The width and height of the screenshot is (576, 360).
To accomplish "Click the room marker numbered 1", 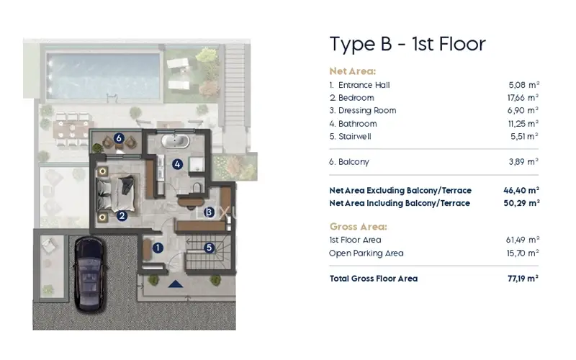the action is tap(158, 248).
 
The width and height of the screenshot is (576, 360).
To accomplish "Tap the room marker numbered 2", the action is tap(122, 215).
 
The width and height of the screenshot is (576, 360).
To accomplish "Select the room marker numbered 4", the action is tap(177, 164).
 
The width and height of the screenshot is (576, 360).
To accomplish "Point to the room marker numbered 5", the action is tap(210, 248).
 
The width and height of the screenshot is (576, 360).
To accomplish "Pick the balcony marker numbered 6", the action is tap(118, 138).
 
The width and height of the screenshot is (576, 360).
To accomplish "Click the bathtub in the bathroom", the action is tap(176, 140).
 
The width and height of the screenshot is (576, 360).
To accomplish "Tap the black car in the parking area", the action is tap(90, 274).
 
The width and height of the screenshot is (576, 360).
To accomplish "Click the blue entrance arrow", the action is tap(175, 284).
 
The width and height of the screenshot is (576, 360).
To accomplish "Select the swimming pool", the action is tap(103, 76).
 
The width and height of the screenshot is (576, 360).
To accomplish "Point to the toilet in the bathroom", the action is tap(197, 187).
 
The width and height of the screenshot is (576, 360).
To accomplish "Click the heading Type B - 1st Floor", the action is tap(408, 45).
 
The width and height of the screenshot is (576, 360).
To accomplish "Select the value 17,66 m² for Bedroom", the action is tap(523, 98).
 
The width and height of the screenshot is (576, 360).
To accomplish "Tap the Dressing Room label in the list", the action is tap(367, 111).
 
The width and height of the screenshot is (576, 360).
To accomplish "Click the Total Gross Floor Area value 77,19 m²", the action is tap(523, 279).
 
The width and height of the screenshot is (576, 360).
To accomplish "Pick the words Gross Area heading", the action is tap(358, 227).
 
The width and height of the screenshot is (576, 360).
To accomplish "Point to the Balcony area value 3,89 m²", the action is tap(523, 161).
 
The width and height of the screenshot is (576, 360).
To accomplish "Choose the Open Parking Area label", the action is tap(366, 253).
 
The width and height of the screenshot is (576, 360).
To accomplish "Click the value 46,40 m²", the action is tap(521, 190).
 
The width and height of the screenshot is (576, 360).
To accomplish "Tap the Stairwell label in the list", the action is tap(355, 137).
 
